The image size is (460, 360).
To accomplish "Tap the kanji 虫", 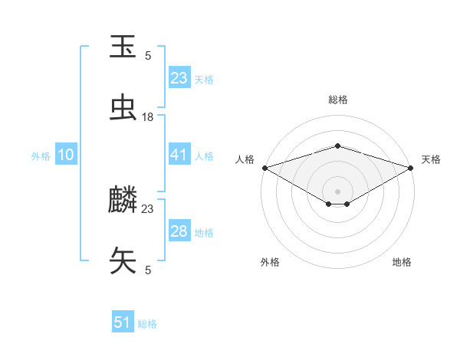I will coord(123,108).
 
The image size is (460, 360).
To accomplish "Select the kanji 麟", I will coord(123,201).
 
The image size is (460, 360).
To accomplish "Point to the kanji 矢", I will coord(123,260).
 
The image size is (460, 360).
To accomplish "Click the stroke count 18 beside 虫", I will coord(148,116).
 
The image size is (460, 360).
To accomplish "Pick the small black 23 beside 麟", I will coord(148,208).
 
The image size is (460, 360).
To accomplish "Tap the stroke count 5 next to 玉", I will coord(148,55).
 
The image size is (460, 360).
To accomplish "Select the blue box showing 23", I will coord(179,78).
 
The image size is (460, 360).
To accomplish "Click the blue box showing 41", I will coord(179,155).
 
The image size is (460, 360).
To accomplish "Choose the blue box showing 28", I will coord(179,231).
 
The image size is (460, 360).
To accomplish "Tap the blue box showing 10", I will coord(66,155).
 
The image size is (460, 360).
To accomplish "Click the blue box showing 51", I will coord(123,322).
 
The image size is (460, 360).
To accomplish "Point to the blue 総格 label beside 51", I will coord(147,324).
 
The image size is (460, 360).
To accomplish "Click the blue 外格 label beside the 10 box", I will coord(41,155).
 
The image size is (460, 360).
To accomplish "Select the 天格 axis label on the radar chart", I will coord(432,159).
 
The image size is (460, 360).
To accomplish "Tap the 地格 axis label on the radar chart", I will coord(402,262).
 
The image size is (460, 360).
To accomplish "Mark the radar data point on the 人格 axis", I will coord(264,168).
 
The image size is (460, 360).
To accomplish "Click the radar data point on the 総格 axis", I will coord(337,146).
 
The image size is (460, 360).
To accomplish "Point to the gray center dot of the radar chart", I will coord(337,190).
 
